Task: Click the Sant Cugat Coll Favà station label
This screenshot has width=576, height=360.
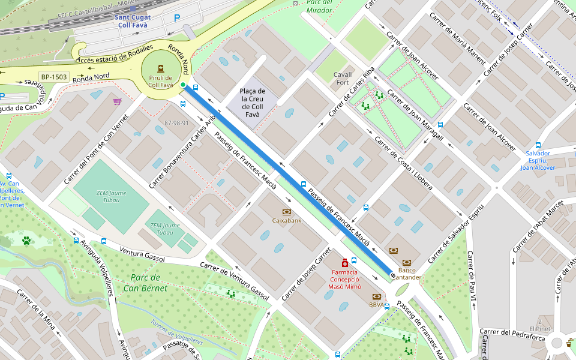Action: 134,21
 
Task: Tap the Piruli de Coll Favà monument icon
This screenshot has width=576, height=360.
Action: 160,68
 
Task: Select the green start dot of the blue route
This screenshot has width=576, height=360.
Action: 183,85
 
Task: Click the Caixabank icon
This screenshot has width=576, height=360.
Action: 287,212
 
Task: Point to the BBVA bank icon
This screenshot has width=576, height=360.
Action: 377,296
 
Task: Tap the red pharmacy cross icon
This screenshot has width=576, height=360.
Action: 344,263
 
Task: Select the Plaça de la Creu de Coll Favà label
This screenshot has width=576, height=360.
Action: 253,103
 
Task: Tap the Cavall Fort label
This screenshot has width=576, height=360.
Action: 343,78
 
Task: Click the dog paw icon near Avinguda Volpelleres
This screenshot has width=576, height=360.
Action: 26,241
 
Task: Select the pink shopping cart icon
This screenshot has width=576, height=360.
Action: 117,101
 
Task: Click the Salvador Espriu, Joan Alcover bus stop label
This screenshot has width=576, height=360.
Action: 538,160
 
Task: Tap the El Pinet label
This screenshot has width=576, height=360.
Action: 544,328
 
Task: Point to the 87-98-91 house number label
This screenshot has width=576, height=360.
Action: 176,123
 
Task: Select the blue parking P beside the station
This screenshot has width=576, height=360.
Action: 176,19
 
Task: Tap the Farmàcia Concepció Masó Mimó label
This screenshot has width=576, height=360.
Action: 344,279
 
